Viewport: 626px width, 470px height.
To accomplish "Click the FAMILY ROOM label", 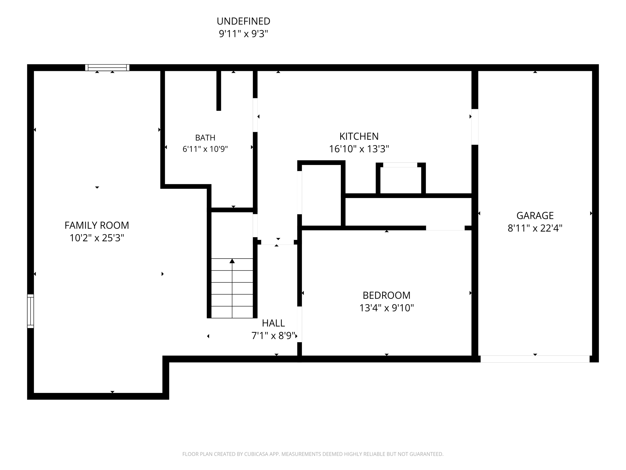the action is pos(97,225).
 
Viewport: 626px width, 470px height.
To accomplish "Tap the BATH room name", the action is pos(205,138).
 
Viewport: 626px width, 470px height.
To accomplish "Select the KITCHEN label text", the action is pos(359,136).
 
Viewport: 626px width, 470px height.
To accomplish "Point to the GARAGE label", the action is pos(535,215).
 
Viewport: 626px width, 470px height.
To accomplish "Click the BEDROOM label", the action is pos(386,295).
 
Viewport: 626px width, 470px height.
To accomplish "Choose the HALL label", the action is pos(273,323).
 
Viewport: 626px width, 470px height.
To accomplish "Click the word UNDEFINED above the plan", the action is pos(243,21).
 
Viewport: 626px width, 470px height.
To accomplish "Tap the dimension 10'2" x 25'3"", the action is pos(97,238).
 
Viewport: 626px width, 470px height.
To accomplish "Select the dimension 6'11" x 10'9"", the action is pos(205,149).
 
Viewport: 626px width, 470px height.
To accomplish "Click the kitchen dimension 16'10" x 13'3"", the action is pos(359,149).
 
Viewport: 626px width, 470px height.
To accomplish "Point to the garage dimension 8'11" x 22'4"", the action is pos(535,228).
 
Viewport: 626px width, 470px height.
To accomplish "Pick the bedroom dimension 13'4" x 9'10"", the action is pos(386,308).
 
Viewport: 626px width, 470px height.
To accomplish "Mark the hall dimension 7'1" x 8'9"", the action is pos(273,336).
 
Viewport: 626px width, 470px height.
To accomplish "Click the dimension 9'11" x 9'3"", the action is pos(243,34).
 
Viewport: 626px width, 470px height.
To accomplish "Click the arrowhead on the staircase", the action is pos(232,261).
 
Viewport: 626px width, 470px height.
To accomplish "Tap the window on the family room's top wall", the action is pos(107,68).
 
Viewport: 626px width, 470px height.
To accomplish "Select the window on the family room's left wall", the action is pos(31,311).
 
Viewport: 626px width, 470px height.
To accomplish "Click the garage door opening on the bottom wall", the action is pos(535,359).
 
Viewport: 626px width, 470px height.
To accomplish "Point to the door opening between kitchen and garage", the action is pos(475,127).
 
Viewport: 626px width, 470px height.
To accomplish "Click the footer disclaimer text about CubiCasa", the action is pos(313,454).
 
